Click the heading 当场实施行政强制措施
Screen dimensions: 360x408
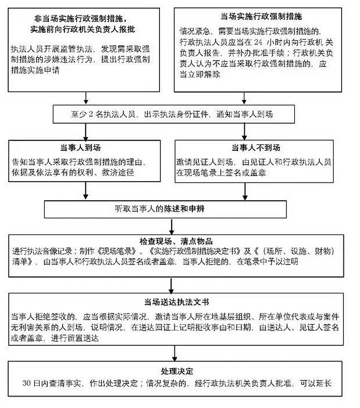pos(261,16)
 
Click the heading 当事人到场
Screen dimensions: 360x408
pos(80,148)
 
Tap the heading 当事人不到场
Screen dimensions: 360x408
pos(256,148)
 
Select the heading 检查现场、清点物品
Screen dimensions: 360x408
pos(176,241)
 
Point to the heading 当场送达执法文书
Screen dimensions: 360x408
pos(176,302)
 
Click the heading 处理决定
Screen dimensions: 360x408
pos(177,371)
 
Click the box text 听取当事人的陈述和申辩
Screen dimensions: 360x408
pos(160,209)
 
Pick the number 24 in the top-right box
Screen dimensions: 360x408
pos(258,42)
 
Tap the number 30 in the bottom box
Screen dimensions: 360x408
pos(27,383)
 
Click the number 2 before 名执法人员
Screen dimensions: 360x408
pos(91,114)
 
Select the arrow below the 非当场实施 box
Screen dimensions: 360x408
pos(86,98)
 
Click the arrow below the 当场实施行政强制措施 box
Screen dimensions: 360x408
pos(244,98)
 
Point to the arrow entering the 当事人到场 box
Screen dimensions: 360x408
pos(85,132)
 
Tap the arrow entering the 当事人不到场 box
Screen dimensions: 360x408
pos(244,132)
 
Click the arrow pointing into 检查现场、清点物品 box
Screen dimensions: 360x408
pos(171,226)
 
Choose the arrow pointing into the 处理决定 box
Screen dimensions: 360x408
pos(174,353)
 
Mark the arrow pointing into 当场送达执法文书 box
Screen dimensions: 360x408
pos(171,286)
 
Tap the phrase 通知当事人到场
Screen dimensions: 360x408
pos(244,114)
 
